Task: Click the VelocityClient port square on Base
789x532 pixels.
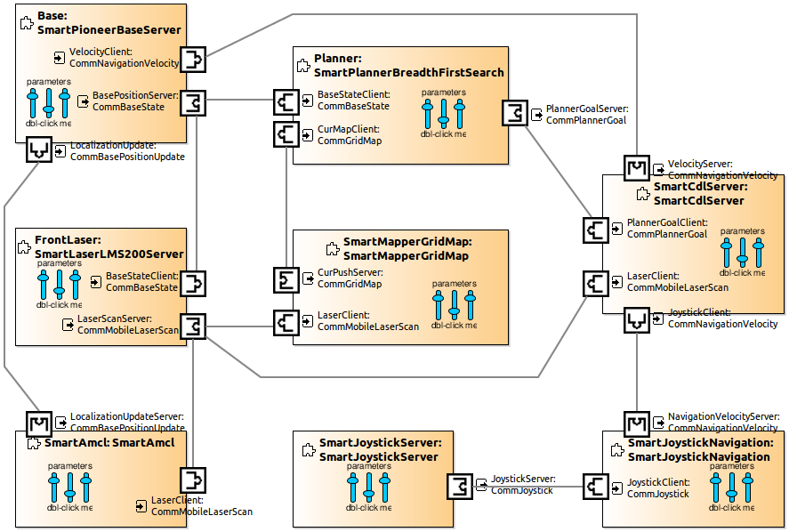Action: pyautogui.click(x=193, y=60)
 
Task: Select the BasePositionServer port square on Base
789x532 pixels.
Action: pyautogui.click(x=193, y=102)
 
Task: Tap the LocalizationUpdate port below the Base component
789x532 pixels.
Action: pyautogui.click(x=38, y=151)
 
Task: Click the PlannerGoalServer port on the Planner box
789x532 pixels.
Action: pyautogui.click(x=515, y=114)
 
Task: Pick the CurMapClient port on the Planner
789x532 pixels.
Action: pyautogui.click(x=286, y=134)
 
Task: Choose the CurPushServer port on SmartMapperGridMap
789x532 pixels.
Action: pyautogui.click(x=286, y=279)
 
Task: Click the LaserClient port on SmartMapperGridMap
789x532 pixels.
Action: pyautogui.click(x=286, y=321)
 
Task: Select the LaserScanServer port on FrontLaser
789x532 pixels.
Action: pyautogui.click(x=193, y=326)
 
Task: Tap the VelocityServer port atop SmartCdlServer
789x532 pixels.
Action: pyautogui.click(x=638, y=166)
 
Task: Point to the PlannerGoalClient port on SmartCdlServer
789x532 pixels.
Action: pyautogui.click(x=596, y=230)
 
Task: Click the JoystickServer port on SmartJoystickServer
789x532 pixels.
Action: pyautogui.click(x=459, y=486)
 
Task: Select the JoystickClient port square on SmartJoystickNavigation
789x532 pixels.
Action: pyautogui.click(x=596, y=486)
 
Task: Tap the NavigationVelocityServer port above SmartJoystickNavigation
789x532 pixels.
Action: pyautogui.click(x=638, y=423)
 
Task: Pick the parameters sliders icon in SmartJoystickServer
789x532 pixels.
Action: pyautogui.click(x=368, y=487)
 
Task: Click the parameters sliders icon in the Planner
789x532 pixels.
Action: pyautogui.click(x=443, y=113)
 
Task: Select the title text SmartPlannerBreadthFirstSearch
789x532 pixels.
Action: pyautogui.click(x=409, y=73)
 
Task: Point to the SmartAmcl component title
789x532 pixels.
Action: pyautogui.click(x=109, y=442)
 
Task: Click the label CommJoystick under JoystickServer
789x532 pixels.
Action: pyautogui.click(x=521, y=490)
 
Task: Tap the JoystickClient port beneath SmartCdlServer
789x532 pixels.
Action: pyautogui.click(x=638, y=318)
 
